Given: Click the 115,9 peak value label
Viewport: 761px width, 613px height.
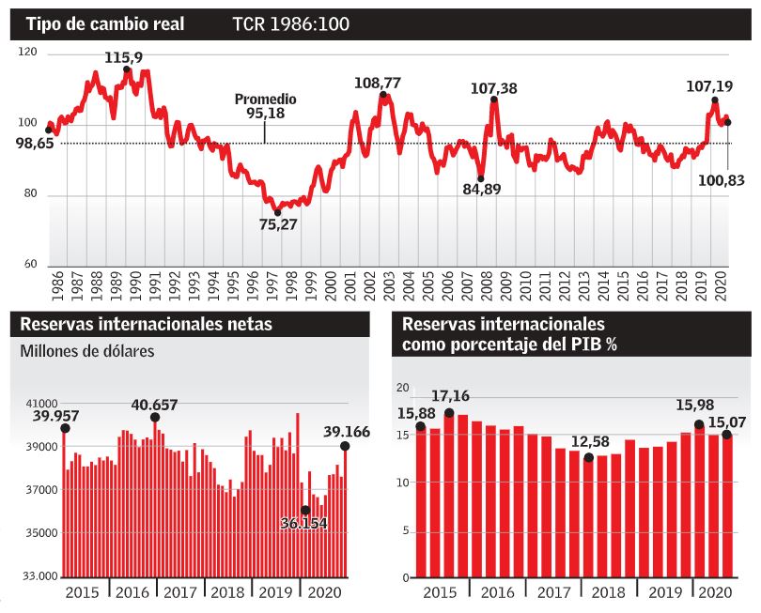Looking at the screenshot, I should coord(123,58).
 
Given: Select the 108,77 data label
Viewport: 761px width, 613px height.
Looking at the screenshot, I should coord(378,83).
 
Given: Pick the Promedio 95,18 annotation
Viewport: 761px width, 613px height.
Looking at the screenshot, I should coord(265,106).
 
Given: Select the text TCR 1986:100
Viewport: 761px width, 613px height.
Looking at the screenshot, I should coord(291,23).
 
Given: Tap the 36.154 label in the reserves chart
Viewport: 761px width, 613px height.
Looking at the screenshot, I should coord(304,523).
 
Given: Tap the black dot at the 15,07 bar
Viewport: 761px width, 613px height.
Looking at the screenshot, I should coord(726,435).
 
